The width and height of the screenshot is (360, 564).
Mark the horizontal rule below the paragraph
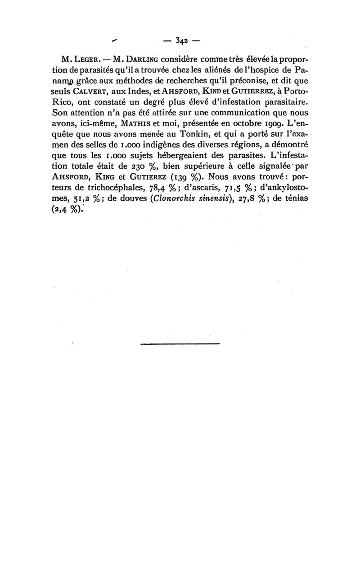[180, 344]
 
